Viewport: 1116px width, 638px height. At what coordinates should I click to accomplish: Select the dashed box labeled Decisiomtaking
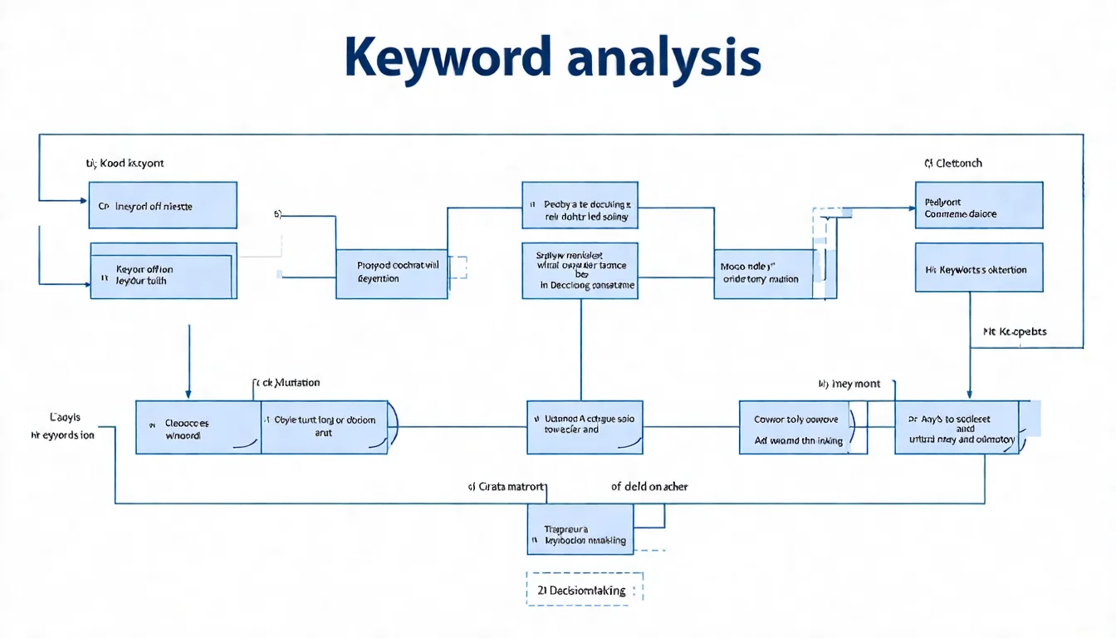click(x=585, y=591)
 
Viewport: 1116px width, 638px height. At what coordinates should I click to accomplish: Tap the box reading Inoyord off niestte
click(x=163, y=205)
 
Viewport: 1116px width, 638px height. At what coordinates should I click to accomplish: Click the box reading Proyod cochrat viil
click(x=392, y=272)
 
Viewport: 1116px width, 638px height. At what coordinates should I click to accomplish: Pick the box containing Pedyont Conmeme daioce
click(x=979, y=205)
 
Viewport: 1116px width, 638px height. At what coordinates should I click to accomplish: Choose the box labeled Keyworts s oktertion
click(x=979, y=267)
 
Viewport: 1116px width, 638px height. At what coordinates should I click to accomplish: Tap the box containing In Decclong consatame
click(x=580, y=271)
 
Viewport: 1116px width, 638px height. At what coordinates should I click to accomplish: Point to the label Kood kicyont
click(x=125, y=163)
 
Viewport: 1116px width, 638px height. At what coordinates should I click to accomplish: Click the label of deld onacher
click(x=649, y=487)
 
